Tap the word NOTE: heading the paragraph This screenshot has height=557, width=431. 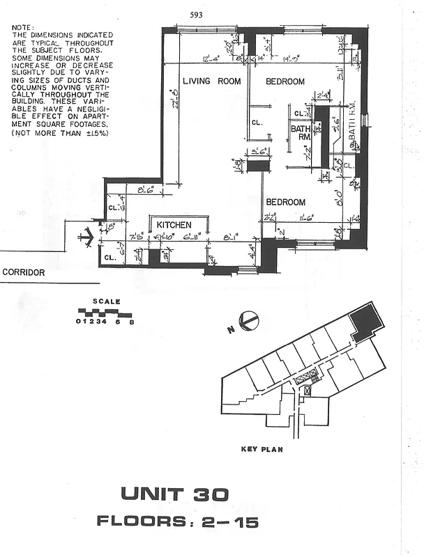tap(23, 27)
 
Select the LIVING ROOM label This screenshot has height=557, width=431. tap(211, 81)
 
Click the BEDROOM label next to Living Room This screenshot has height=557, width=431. tap(285, 81)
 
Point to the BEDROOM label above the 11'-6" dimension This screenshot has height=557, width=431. tap(285, 203)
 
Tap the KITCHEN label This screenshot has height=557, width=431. tap(174, 226)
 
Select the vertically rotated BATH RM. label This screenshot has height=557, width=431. tap(352, 129)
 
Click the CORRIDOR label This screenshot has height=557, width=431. tap(24, 273)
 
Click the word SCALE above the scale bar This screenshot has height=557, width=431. tap(108, 301)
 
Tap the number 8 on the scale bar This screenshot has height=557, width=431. tap(131, 321)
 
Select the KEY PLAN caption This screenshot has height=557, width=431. tap(261, 450)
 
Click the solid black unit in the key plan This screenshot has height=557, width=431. tap(366, 321)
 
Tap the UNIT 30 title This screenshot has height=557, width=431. tap(174, 494)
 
